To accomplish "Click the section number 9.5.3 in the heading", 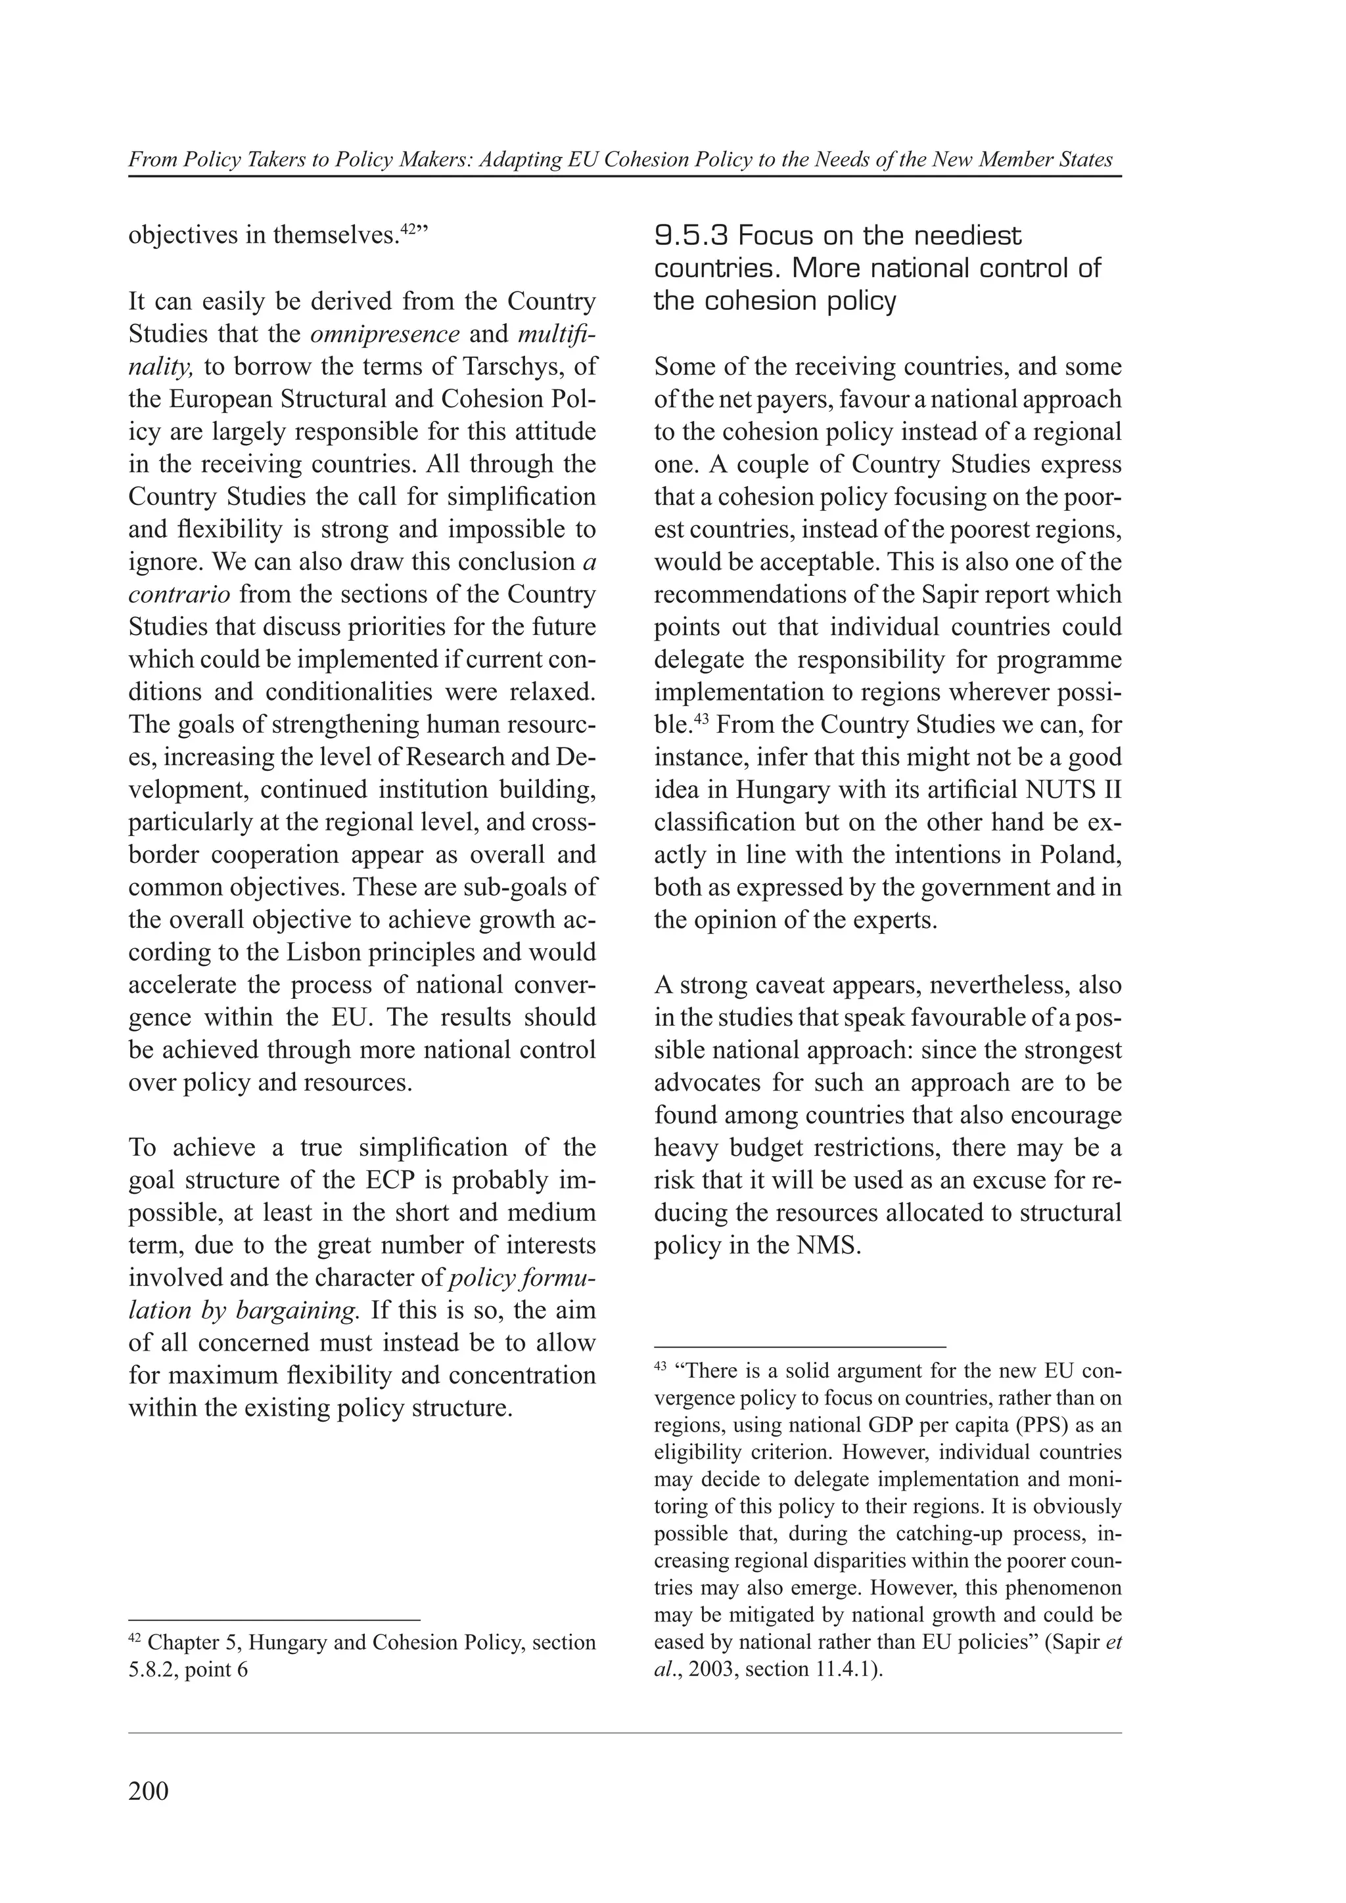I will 691,236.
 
